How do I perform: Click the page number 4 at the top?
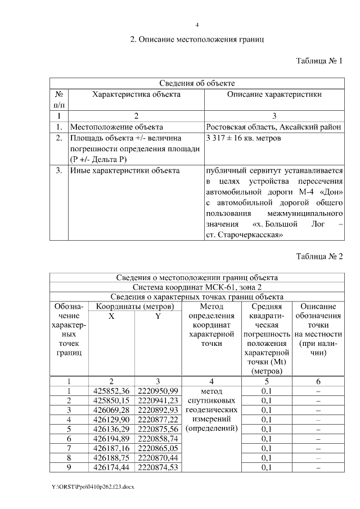(197, 25)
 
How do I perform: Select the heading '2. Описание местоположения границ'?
(197, 40)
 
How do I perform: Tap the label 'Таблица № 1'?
(319, 61)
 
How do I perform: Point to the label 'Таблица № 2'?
(319, 256)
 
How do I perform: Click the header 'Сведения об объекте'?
(197, 83)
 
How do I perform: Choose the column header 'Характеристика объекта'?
(136, 94)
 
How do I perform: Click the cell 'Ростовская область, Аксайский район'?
(274, 127)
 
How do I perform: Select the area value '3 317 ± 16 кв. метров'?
(244, 138)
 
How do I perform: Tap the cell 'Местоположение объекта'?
(116, 127)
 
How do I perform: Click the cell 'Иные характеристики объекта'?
(124, 170)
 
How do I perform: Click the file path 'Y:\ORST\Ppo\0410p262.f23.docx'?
(93, 485)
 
